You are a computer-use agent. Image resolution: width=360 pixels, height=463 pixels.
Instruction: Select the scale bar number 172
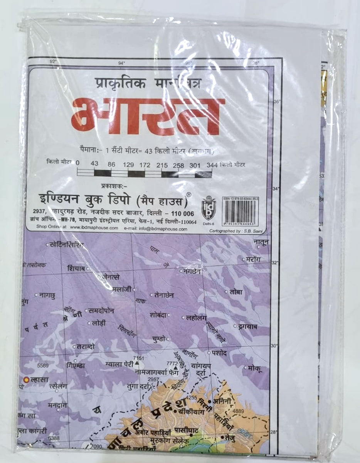145,165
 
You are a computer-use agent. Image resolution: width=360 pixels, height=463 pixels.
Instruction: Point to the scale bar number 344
212,165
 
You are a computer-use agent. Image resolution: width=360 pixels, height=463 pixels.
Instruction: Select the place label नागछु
47,295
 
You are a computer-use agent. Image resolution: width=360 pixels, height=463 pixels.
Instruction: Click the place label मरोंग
253,259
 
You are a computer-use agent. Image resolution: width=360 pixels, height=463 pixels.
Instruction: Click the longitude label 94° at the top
122,63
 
